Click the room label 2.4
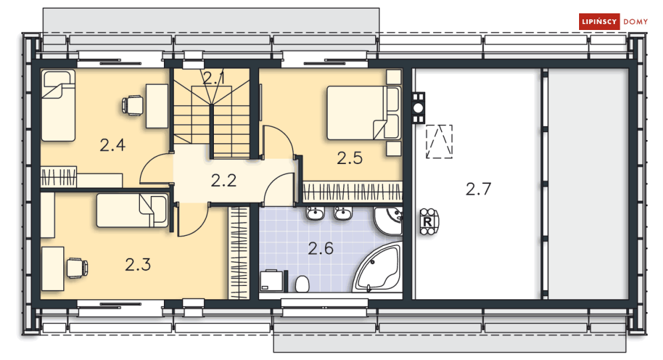click(113, 145)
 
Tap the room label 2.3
click(138, 265)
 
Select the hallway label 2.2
click(224, 180)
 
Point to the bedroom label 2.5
click(349, 158)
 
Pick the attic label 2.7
click(478, 189)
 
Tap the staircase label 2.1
click(214, 78)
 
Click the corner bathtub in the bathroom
click(377, 270)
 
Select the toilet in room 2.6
click(302, 284)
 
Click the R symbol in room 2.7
click(427, 221)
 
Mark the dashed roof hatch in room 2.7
click(439, 142)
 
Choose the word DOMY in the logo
click(635, 22)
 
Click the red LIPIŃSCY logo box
click(599, 22)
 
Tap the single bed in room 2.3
click(132, 211)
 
